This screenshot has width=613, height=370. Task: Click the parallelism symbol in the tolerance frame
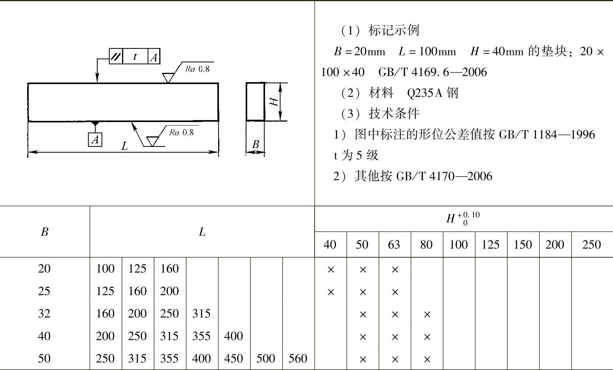pyautogui.click(x=115, y=57)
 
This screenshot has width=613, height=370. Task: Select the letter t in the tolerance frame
pyautogui.click(x=135, y=57)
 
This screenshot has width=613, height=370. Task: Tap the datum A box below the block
pyautogui.click(x=95, y=139)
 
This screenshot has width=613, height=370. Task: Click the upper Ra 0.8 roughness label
pyautogui.click(x=197, y=69)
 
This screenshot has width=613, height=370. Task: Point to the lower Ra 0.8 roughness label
pyautogui.click(x=181, y=133)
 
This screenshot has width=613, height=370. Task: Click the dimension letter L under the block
pyautogui.click(x=124, y=146)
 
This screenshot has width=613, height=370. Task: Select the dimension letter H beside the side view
pyautogui.click(x=274, y=102)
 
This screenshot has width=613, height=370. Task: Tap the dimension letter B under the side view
pyautogui.click(x=255, y=145)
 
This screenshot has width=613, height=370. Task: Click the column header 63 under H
pyautogui.click(x=394, y=244)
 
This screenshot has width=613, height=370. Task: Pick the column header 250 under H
pyautogui.click(x=591, y=244)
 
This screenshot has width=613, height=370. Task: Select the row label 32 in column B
pyautogui.click(x=44, y=313)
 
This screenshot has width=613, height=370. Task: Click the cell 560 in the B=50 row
pyautogui.click(x=298, y=358)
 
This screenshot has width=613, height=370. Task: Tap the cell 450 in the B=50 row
pyautogui.click(x=233, y=358)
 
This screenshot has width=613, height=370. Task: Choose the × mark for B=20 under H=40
pyautogui.click(x=331, y=270)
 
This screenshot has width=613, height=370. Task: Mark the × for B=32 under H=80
pyautogui.click(x=427, y=315)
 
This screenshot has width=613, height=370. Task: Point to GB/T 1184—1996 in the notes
pyautogui.click(x=547, y=134)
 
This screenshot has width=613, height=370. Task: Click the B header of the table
pyautogui.click(x=45, y=232)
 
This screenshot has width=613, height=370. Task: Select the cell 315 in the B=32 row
pyautogui.click(x=201, y=313)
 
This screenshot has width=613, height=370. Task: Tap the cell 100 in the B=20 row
pyautogui.click(x=105, y=268)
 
